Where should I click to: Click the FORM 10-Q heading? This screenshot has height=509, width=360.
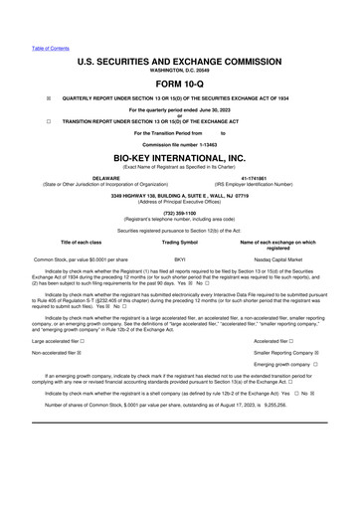[180, 84]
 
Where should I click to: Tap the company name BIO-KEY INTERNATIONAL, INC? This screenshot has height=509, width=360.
[180, 158]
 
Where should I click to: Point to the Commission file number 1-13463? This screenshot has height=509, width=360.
[180, 144]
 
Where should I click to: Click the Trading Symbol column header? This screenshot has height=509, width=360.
[180, 242]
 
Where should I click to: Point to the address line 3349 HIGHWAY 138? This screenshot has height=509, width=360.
[180, 195]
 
